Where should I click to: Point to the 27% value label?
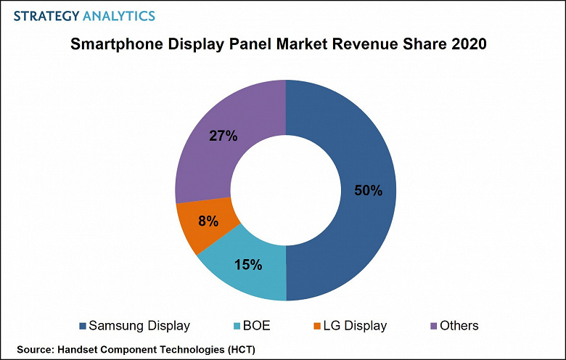click(223, 136)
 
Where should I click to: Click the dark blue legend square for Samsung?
click(82, 326)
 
